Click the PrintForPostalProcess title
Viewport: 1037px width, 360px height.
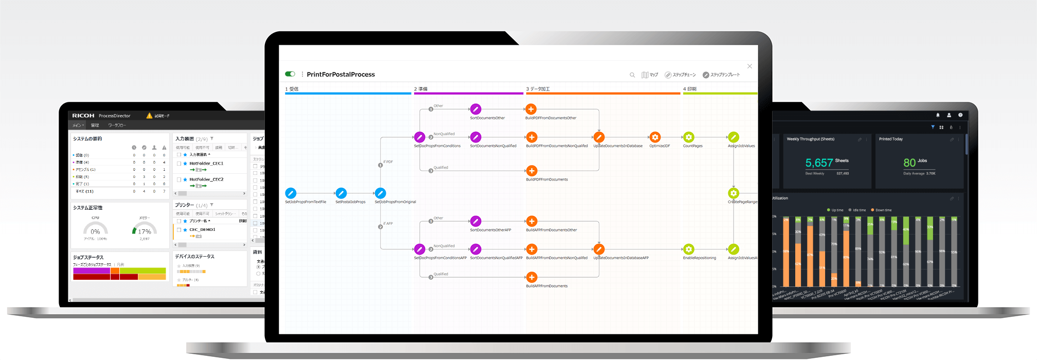[x=341, y=75]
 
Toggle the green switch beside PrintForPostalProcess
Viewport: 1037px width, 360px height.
[x=290, y=74]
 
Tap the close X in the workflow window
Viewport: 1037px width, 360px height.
[x=749, y=66]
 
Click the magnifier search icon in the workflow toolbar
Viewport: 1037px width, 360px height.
[x=632, y=75]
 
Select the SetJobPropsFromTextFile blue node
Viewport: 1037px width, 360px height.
[x=291, y=193]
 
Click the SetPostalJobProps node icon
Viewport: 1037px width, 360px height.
[x=341, y=193]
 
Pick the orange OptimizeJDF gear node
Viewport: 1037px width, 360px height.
[x=655, y=137]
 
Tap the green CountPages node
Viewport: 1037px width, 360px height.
[x=689, y=137]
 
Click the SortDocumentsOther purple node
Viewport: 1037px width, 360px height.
[x=476, y=109]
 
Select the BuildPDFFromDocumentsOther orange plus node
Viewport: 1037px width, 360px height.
[x=531, y=109]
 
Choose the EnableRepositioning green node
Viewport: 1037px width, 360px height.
[x=689, y=249]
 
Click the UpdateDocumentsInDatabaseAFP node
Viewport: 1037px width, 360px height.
[x=599, y=249]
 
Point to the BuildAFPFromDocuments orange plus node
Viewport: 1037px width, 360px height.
[x=532, y=277]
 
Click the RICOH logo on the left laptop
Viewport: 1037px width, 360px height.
[x=83, y=116]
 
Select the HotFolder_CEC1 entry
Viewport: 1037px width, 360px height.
[x=206, y=164]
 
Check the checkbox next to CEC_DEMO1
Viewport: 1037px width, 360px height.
[x=179, y=230]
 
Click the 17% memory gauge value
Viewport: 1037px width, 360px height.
[x=145, y=231]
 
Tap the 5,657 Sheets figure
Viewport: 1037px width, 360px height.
[x=819, y=163]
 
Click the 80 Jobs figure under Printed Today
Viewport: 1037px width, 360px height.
[x=909, y=163]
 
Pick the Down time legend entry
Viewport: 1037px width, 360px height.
[x=883, y=210]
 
